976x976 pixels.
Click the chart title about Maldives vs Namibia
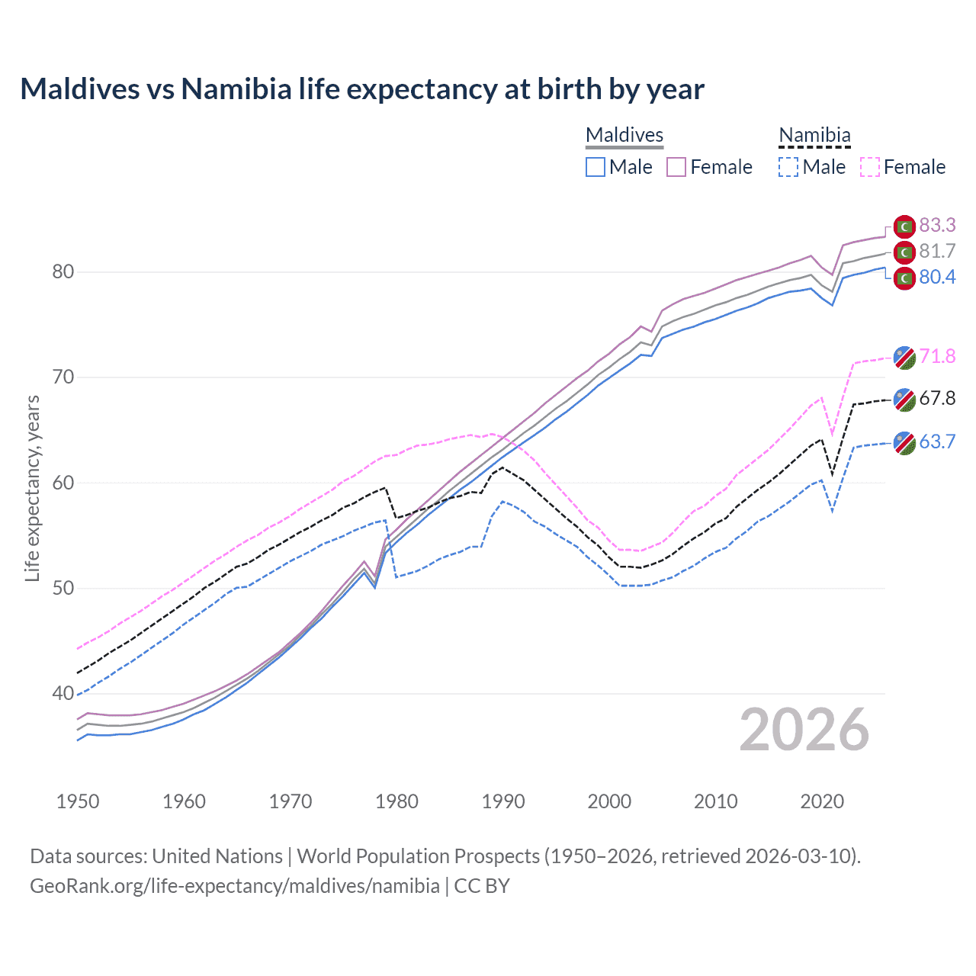click(x=362, y=89)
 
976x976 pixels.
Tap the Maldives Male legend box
click(x=596, y=167)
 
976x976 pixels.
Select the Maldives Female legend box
click(x=676, y=167)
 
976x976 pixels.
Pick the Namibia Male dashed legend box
click(x=788, y=167)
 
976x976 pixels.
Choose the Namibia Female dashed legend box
click(x=869, y=167)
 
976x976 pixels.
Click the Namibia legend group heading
click(x=814, y=135)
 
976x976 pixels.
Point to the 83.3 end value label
click(x=937, y=225)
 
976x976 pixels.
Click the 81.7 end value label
click(x=937, y=251)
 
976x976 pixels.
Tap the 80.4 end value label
click(x=937, y=277)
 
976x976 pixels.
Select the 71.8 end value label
click(x=937, y=356)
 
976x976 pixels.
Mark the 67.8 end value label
click(x=937, y=398)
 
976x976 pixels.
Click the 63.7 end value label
click(x=937, y=441)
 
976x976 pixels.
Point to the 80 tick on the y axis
click(x=63, y=272)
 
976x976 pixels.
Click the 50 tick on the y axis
click(x=63, y=588)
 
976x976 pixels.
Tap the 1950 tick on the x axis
click(x=78, y=801)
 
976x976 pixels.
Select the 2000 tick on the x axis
click(x=609, y=801)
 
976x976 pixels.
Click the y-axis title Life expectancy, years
click(x=33, y=488)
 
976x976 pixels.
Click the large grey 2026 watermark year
click(x=804, y=730)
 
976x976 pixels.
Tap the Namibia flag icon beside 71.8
click(x=904, y=357)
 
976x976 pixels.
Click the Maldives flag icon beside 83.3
click(x=904, y=226)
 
